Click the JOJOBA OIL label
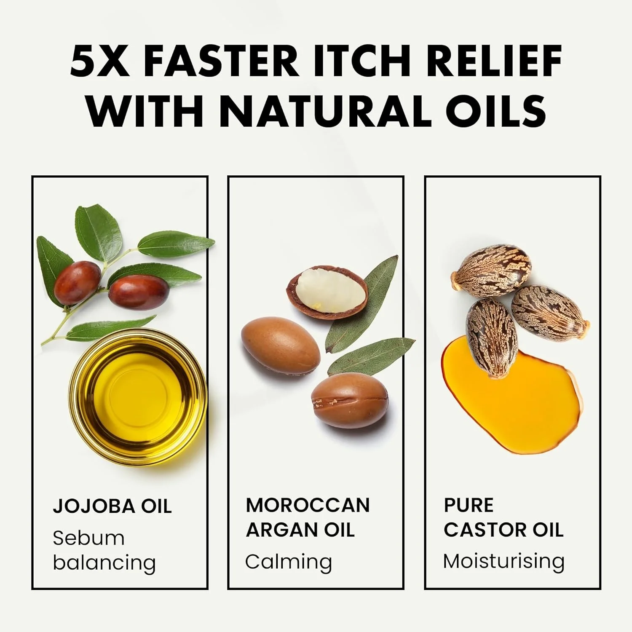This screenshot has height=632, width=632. click(x=112, y=506)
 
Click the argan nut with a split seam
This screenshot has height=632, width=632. click(x=350, y=399)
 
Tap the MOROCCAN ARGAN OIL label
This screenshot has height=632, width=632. click(x=308, y=517)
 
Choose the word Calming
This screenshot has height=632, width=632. click(x=289, y=562)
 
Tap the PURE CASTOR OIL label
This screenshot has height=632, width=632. click(x=503, y=517)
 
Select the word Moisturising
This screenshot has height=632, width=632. click(x=504, y=562)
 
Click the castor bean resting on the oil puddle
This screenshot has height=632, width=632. click(x=492, y=337)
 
